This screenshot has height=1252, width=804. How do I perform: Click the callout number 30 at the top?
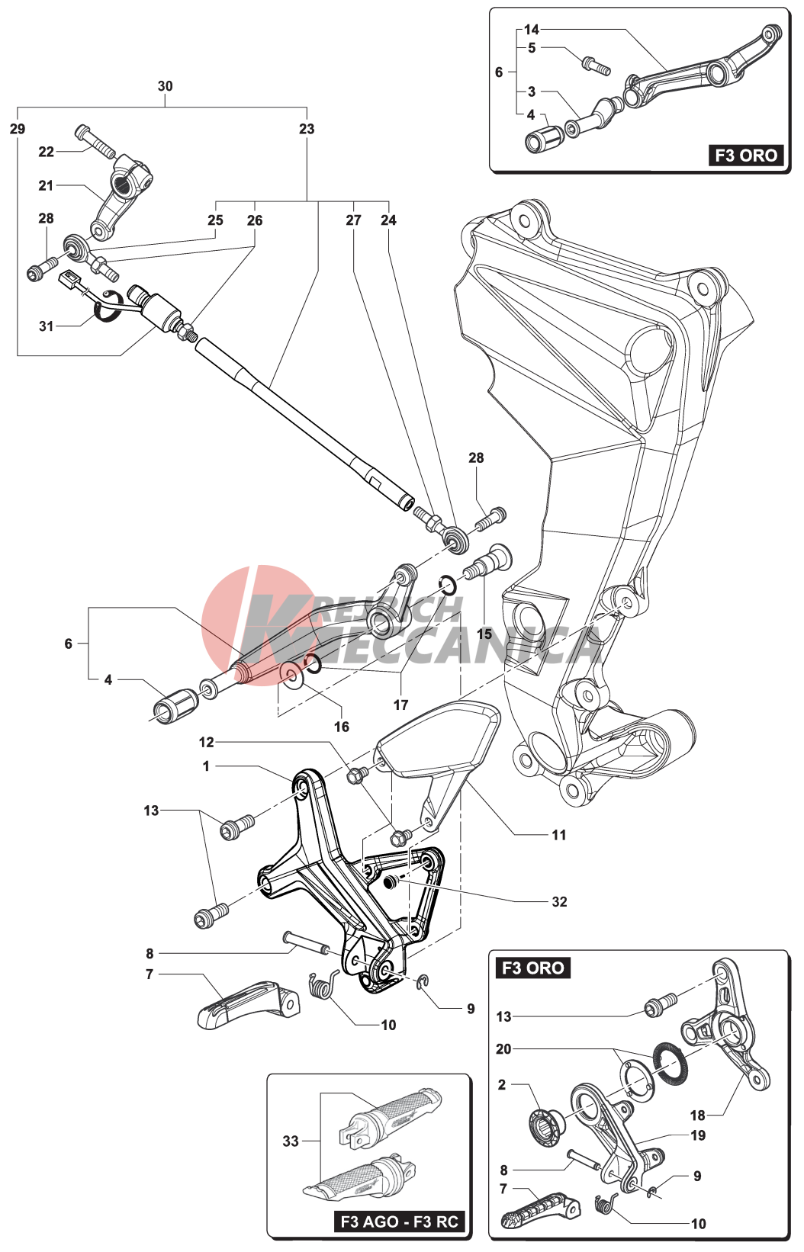(165, 86)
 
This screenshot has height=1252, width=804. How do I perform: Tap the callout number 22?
(46, 152)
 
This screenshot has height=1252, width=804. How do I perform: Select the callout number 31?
(46, 326)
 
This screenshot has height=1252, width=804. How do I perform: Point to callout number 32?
(559, 901)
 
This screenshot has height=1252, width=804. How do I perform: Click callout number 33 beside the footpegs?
(291, 1141)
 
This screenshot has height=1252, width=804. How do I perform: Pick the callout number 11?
(558, 835)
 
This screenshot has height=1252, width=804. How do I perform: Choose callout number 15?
(484, 634)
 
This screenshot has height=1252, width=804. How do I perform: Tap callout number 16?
(341, 727)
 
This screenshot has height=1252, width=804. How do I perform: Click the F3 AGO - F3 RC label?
(399, 1222)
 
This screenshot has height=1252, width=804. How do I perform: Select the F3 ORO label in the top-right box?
(745, 156)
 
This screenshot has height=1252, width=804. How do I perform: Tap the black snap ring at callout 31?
(107, 307)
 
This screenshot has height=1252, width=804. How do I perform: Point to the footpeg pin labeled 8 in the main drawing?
(307, 943)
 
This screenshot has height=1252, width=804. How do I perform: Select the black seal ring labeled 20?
(670, 1062)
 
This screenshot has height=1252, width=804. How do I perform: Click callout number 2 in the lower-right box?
(502, 1084)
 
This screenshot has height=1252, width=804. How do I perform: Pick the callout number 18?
(697, 1115)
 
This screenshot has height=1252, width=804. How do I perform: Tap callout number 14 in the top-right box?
(532, 30)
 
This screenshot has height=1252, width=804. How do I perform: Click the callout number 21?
(46, 185)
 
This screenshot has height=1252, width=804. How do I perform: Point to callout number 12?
(206, 742)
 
